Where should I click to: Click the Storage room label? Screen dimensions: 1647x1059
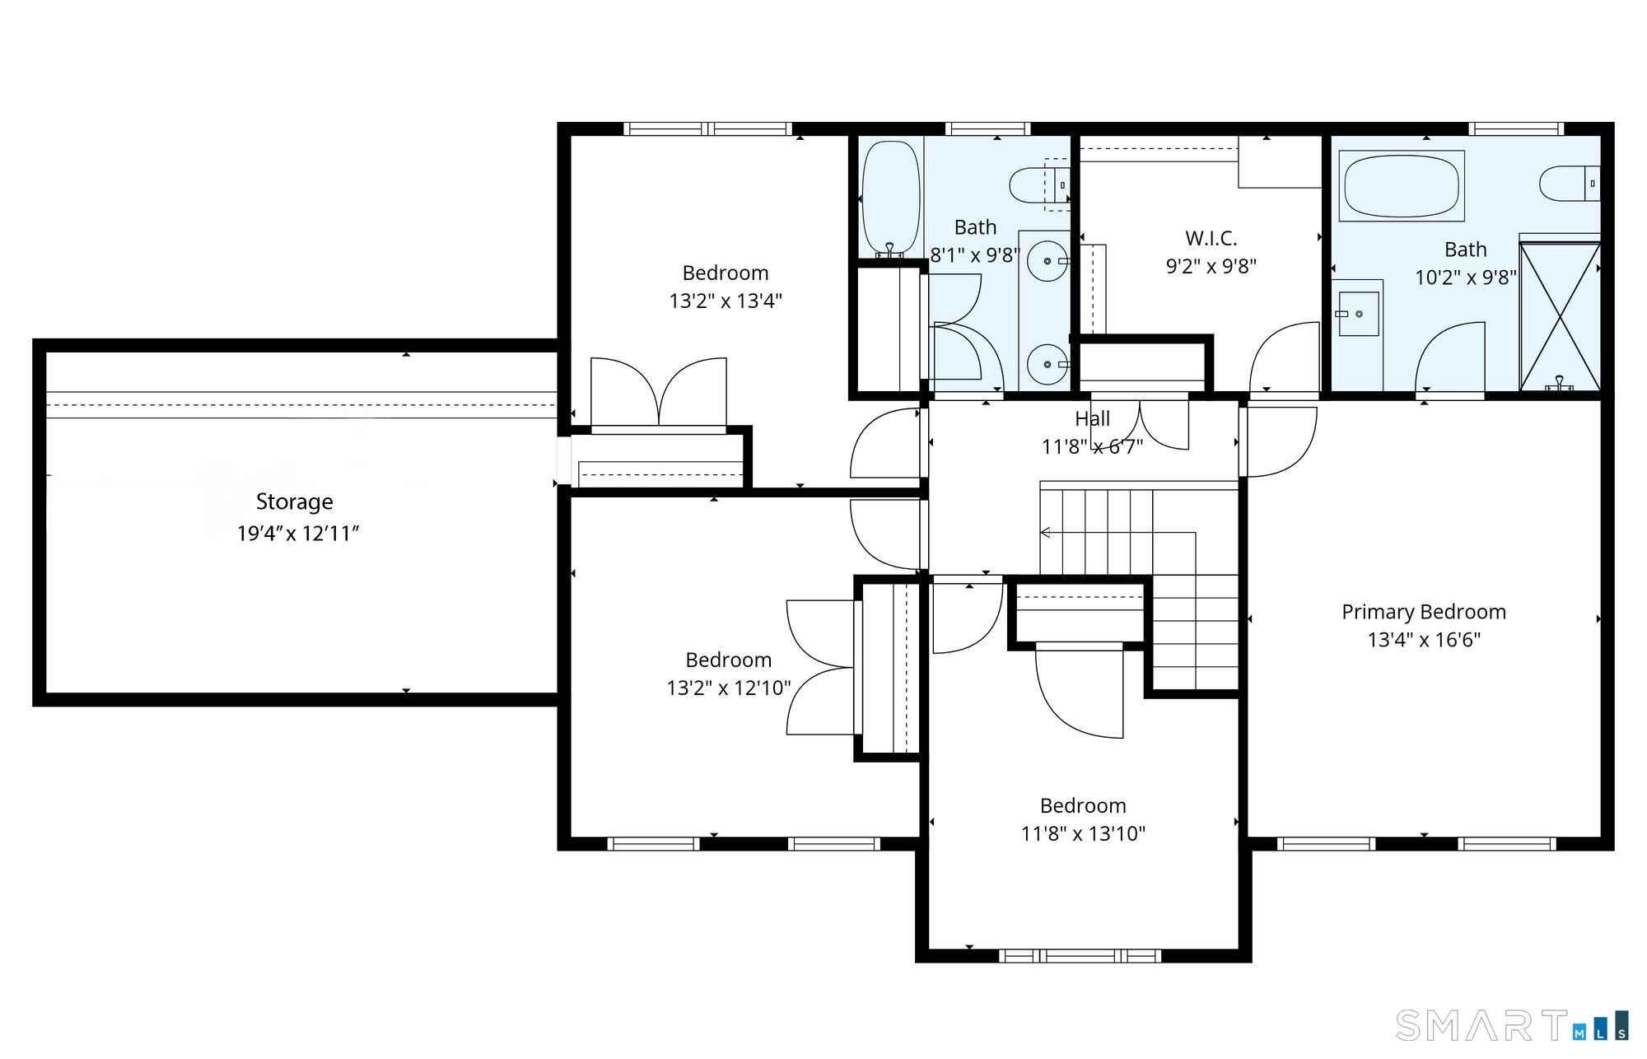[295, 502]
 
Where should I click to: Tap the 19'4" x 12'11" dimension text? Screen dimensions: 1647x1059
[298, 534]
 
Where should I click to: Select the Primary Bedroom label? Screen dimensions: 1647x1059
[1424, 612]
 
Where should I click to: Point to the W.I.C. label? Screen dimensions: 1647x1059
[1211, 238]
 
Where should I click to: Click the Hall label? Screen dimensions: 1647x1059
[1093, 418]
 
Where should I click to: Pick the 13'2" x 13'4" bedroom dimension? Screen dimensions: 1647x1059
[726, 301]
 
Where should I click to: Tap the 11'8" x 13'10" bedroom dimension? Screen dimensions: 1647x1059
[1084, 833]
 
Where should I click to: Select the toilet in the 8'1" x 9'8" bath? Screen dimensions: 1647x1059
[1040, 185]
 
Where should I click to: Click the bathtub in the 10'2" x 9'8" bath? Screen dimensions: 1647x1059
[1402, 185]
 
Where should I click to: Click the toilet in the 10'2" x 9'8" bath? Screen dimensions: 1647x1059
[1570, 184]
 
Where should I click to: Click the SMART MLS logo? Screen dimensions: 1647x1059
[1512, 1025]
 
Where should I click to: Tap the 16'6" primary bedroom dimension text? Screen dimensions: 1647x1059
[1458, 640]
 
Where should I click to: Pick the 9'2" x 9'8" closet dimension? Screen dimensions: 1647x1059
[1211, 266]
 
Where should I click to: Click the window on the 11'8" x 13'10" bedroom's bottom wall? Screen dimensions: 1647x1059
[1080, 956]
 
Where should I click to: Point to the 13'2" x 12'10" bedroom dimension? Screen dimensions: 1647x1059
[729, 688]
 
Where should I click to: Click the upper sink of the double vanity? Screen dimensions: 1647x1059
[1047, 261]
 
